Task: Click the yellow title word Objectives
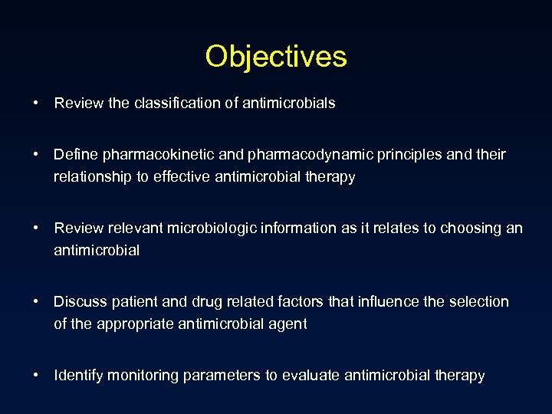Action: click(276, 56)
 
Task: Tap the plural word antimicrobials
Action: click(289, 103)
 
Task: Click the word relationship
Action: click(90, 177)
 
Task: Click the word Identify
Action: click(78, 375)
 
